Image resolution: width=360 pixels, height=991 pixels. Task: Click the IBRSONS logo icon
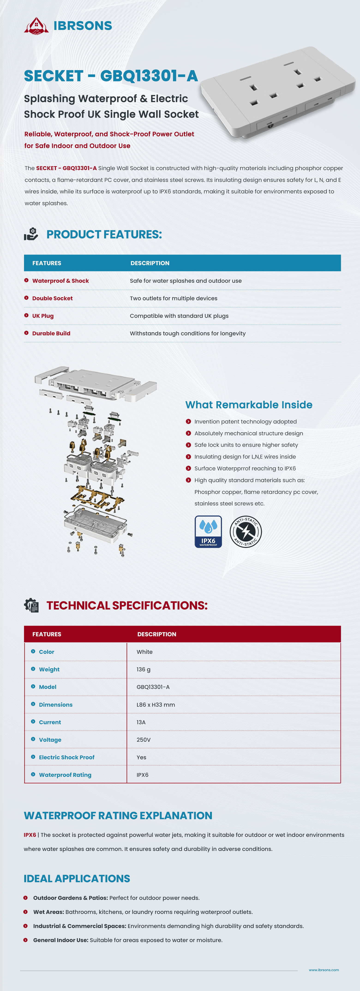[36, 26]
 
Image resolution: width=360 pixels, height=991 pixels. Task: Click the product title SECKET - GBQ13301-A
[111, 76]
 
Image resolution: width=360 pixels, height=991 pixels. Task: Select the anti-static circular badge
[246, 532]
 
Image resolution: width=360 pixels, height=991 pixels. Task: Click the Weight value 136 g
[144, 669]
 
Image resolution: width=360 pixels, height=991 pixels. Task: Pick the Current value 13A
[141, 722]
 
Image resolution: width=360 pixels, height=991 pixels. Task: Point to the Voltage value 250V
[144, 740]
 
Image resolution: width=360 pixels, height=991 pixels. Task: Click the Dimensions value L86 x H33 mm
[156, 705]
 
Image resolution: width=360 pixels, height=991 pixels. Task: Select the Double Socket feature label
[52, 298]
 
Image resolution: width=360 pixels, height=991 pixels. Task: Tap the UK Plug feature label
[43, 316]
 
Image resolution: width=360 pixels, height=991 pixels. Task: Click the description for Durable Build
[188, 333]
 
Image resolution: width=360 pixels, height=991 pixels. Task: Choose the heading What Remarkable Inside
[249, 405]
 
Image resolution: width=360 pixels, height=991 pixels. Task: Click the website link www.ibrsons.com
[324, 970]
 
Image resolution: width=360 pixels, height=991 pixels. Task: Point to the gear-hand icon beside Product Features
[31, 234]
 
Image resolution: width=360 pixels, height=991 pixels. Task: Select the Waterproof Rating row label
[65, 775]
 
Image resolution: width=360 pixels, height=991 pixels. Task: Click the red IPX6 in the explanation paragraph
[30, 835]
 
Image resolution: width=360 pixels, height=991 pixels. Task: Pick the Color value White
[145, 652]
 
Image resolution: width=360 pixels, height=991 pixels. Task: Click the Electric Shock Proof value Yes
[141, 757]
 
